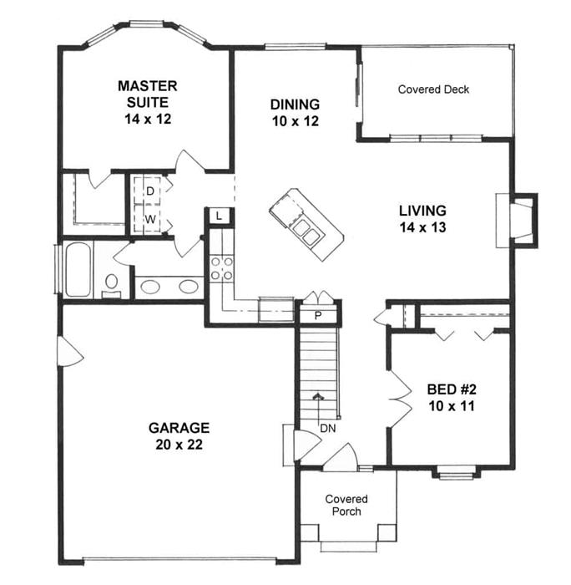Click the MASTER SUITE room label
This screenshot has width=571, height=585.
pyautogui.click(x=148, y=102)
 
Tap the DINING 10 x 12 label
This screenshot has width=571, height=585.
pyautogui.click(x=295, y=112)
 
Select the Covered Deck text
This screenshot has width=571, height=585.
pyautogui.click(x=433, y=89)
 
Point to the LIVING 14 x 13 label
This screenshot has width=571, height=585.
pyautogui.click(x=422, y=219)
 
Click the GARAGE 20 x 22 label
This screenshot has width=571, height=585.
pyautogui.click(x=179, y=435)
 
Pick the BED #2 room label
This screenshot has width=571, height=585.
pyautogui.click(x=452, y=397)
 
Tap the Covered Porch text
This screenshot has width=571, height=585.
pyautogui.click(x=346, y=505)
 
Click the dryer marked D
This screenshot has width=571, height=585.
pyautogui.click(x=148, y=191)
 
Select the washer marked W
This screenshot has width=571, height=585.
pyautogui.click(x=148, y=218)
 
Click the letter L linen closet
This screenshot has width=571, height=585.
pyautogui.click(x=219, y=216)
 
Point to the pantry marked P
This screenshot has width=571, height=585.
pyautogui.click(x=317, y=316)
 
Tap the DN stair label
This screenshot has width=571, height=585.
pyautogui.click(x=327, y=428)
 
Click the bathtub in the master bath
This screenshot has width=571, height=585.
pyautogui.click(x=78, y=269)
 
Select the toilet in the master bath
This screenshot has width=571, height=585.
pyautogui.click(x=111, y=287)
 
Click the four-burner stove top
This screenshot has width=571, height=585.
pyautogui.click(x=221, y=268)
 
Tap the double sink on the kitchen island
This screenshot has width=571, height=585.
pyautogui.click(x=306, y=232)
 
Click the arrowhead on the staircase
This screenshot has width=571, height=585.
pyautogui.click(x=318, y=396)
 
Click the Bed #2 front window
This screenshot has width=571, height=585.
pyautogui.click(x=456, y=475)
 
